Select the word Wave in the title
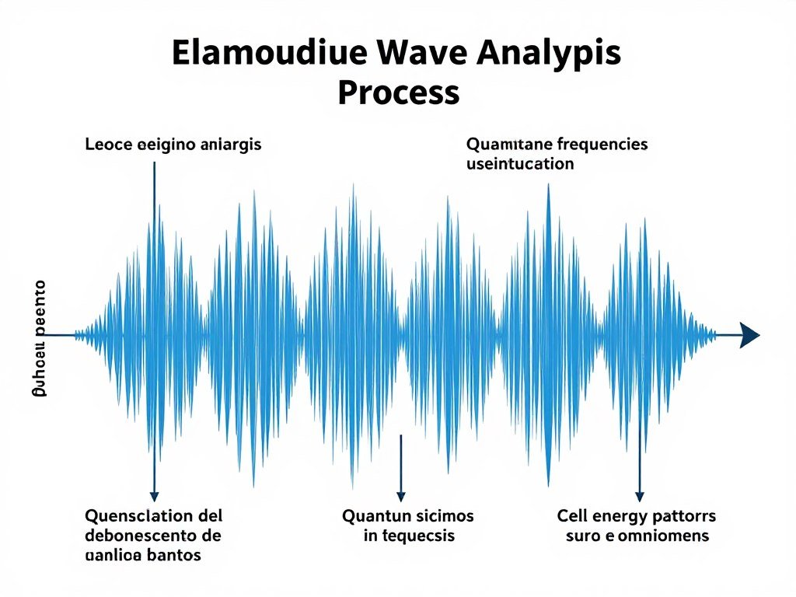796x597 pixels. [413, 54]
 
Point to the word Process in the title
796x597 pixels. [398, 93]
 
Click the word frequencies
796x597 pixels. [603, 145]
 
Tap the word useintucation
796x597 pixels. [520, 164]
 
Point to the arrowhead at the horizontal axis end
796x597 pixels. [749, 335]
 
